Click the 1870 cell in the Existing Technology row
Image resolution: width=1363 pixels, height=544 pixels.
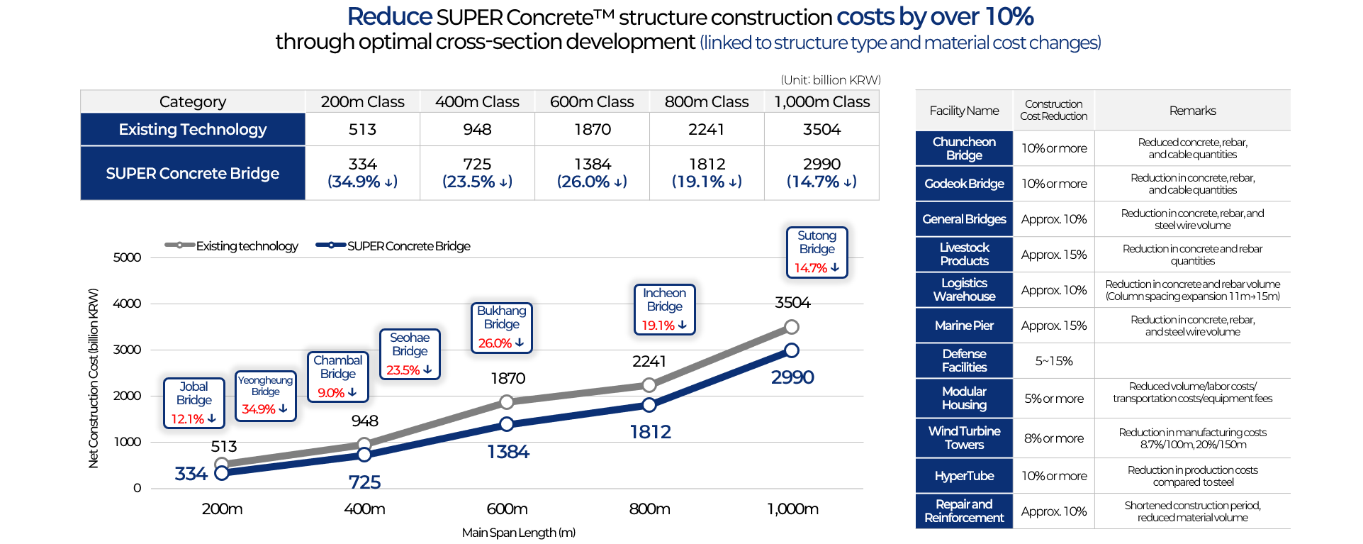point(592,130)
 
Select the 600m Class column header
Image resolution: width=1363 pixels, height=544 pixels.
point(592,102)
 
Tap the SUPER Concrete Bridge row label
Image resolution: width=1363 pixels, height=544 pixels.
point(192,174)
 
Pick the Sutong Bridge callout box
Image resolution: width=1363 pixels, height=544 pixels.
point(817,252)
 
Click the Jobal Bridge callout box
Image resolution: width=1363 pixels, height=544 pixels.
point(193,403)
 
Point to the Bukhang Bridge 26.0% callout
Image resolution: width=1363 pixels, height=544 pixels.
point(501,327)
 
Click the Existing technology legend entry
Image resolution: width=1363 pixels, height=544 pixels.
point(232,246)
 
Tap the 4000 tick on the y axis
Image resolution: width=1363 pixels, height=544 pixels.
point(128,304)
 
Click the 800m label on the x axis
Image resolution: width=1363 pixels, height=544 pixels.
point(649,509)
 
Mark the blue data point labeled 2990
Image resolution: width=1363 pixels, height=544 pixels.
point(792,350)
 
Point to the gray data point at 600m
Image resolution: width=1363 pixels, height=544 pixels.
point(507,402)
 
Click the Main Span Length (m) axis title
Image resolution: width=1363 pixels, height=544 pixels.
point(518,533)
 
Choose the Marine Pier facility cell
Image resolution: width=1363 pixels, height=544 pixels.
point(964,326)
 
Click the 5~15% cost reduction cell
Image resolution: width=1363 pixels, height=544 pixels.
point(1053,361)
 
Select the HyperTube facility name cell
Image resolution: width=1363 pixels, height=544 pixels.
point(964,476)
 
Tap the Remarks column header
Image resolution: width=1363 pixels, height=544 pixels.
point(1192,111)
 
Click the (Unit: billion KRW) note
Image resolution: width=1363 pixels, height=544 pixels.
point(830,80)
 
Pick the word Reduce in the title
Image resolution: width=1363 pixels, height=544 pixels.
point(389,16)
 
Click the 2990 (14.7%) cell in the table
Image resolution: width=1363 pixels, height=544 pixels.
point(821,173)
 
